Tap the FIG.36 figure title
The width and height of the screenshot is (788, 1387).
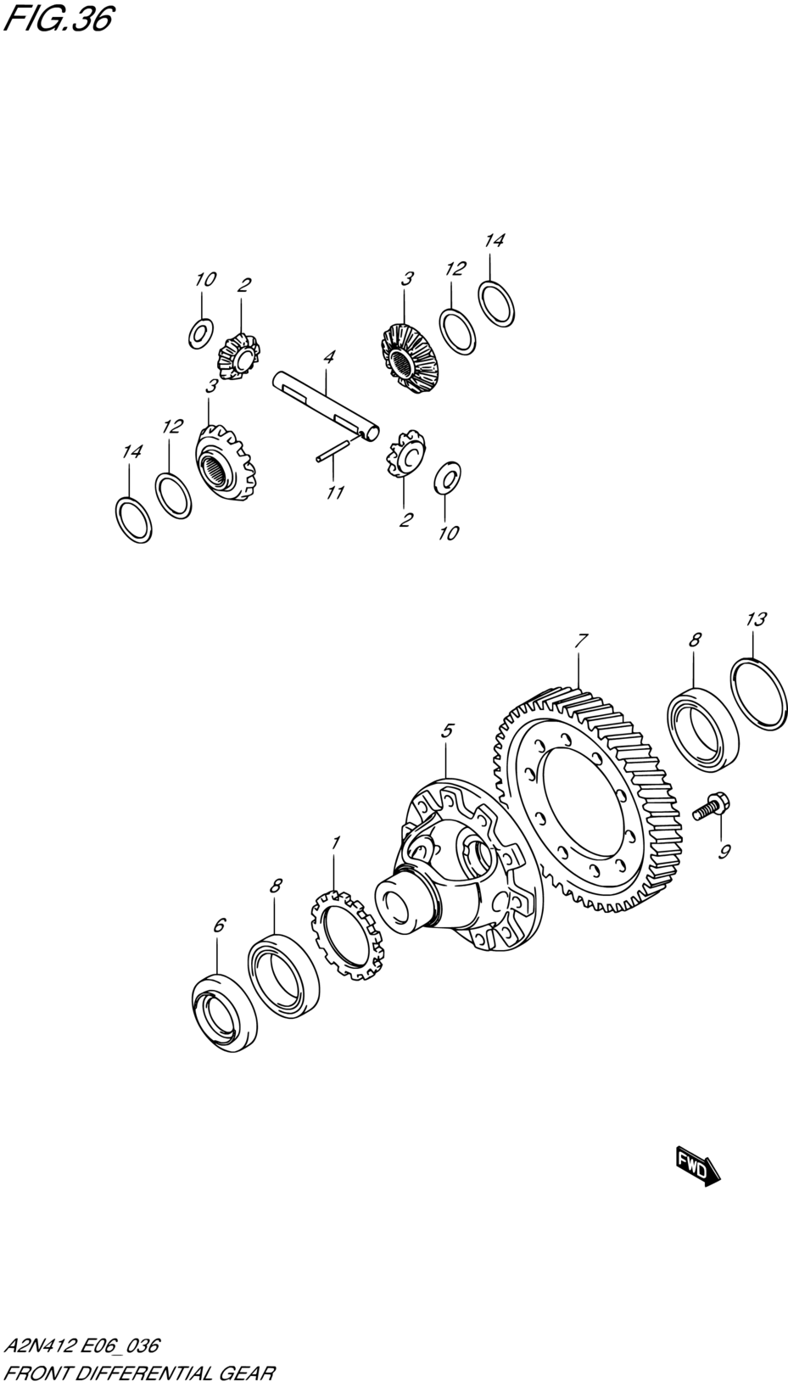click(59, 20)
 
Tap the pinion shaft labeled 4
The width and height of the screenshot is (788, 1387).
click(327, 405)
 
